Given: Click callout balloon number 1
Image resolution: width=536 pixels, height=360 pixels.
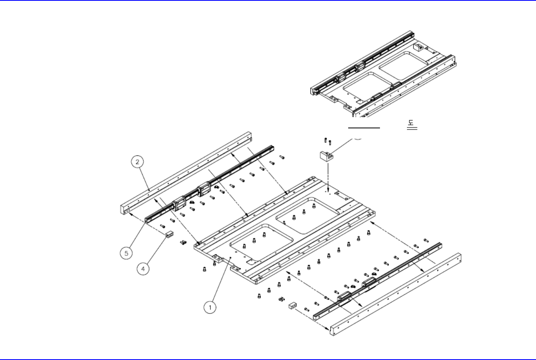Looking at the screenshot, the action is [x=210, y=307].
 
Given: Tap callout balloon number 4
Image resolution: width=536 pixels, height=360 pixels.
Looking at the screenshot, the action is [x=143, y=268].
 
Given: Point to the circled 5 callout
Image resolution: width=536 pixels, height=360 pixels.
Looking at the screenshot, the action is [x=126, y=253].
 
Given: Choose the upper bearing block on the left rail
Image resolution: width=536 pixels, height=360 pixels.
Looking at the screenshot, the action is [x=204, y=188].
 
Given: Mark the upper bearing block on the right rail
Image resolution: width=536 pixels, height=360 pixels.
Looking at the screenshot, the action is [x=369, y=283].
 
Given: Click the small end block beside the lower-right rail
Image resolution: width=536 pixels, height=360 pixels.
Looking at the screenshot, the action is [x=293, y=306].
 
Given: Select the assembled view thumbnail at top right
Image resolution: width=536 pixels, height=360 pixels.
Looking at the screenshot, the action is [x=384, y=74].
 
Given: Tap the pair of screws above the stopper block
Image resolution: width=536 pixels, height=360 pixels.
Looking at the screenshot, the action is [x=328, y=141].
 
